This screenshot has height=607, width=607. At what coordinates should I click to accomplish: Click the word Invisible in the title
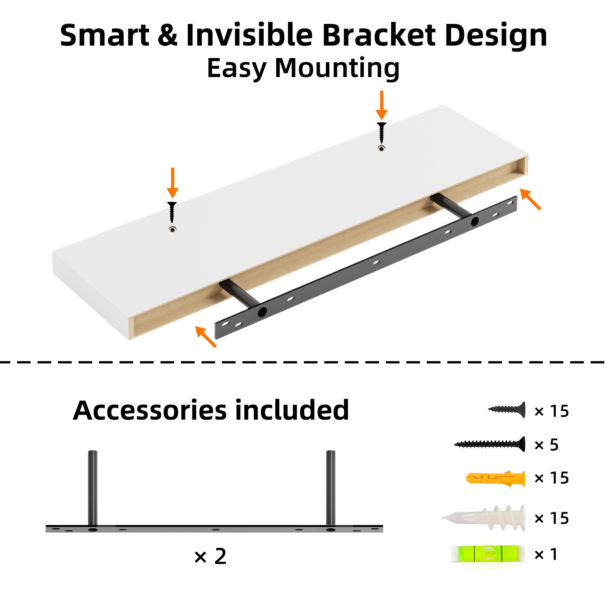coord(249,35)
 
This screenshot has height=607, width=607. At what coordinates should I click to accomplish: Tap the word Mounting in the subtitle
coord(337,68)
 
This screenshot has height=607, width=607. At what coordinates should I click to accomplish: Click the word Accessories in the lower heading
coord(150,410)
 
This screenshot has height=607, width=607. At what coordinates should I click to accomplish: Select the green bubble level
coord(488,554)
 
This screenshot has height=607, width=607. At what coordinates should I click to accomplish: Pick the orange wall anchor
coord(495,479)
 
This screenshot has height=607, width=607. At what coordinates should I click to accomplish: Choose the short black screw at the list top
coord(507,410)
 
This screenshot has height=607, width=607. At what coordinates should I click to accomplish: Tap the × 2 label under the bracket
coord(210,557)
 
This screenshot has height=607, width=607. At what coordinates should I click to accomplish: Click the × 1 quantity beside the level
coord(546,554)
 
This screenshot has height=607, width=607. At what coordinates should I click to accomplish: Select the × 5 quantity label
coord(546,445)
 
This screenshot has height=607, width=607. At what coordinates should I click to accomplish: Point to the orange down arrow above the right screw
coord(382,105)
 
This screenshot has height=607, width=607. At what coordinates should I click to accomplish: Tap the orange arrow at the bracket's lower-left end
coord(206,337)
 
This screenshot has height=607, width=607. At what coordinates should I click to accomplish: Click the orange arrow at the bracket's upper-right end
coord(530,199)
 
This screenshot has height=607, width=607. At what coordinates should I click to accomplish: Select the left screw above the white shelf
coord(172,212)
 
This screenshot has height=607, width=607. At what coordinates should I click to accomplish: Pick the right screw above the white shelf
coord(382,132)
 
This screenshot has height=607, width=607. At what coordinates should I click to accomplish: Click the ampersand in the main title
coord(167,35)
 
